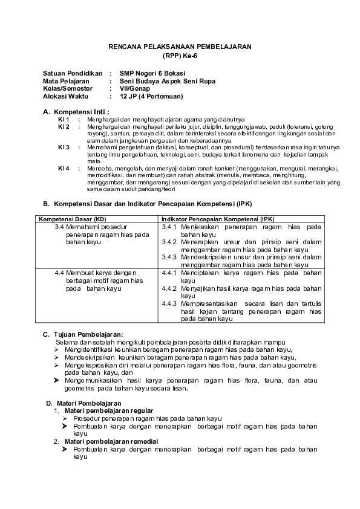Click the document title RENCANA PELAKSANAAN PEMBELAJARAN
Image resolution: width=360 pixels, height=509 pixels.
point(180,46)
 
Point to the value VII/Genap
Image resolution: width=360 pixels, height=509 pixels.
point(135,88)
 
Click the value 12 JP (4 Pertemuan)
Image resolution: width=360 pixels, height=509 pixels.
point(151,96)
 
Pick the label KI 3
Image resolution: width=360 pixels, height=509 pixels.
point(64,147)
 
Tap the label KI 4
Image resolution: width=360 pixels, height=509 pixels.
point(64,167)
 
